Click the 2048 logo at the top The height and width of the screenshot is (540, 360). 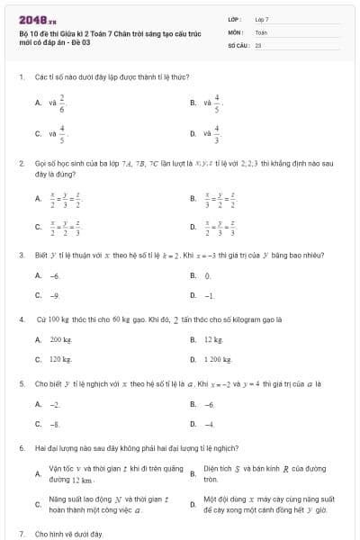tap(32, 20)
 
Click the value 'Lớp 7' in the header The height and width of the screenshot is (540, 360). tap(262, 19)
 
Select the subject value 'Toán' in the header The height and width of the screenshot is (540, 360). tap(261, 31)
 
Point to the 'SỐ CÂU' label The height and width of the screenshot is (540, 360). tap(238, 43)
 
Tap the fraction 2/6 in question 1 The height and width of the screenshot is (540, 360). tap(62, 103)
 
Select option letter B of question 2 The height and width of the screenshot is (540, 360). tap(193, 198)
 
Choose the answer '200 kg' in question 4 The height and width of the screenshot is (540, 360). tap(60, 339)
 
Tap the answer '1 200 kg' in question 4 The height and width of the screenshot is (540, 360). tap(219, 359)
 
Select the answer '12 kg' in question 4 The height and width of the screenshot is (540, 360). tap(212, 339)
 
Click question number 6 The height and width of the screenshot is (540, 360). tap(20, 447)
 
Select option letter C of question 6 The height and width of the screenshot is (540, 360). tap(37, 504)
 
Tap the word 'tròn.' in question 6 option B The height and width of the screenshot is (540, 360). tap(211, 480)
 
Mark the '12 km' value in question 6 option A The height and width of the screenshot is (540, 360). tap(82, 481)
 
